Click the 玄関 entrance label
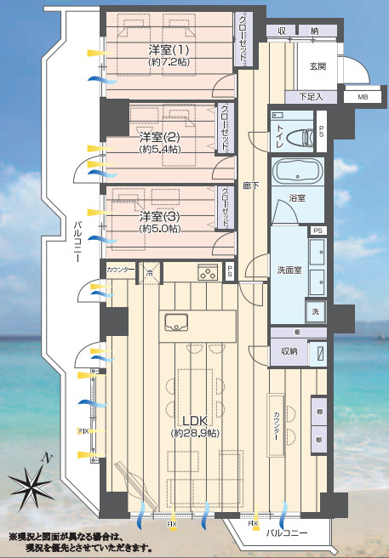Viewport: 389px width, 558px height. (317, 67)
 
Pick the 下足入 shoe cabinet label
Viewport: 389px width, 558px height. (312, 97)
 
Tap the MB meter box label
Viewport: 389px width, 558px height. (363, 97)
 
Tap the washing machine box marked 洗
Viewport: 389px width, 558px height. (315, 311)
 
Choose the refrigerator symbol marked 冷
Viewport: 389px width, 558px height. (150, 273)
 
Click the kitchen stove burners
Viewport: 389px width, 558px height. (207, 273)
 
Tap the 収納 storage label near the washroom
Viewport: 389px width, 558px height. (289, 350)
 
